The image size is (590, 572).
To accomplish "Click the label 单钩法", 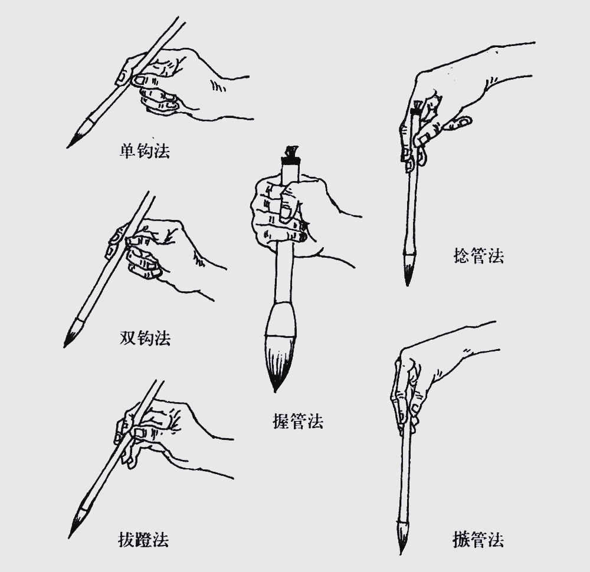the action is [x=145, y=151].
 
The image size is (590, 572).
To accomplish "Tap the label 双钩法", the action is [x=145, y=338].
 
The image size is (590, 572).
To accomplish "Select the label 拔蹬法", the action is [x=143, y=540].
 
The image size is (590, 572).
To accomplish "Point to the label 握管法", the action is [x=298, y=421].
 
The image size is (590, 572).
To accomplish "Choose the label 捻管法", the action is [x=478, y=256].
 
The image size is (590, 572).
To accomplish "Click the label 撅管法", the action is [x=478, y=540].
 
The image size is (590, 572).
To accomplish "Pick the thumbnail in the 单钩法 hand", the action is [x=141, y=80].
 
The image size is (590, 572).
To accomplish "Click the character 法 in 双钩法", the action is [x=163, y=338].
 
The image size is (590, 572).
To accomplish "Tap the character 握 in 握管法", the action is [x=281, y=421].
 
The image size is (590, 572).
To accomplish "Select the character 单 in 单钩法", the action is [x=128, y=151].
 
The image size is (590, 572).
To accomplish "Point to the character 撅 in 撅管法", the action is [x=461, y=540].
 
